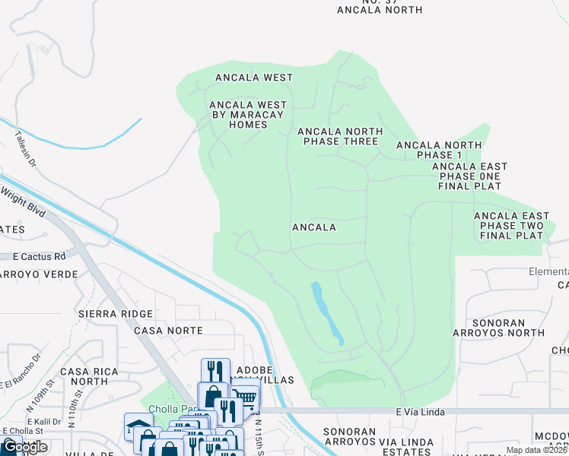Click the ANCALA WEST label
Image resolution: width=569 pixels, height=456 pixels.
[253, 78]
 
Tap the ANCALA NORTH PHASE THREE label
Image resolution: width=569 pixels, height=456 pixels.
[339, 137]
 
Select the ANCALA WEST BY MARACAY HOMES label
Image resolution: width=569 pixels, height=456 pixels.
[249, 115]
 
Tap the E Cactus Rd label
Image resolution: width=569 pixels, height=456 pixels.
[33, 257]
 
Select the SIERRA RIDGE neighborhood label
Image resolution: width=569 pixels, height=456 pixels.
[115, 314]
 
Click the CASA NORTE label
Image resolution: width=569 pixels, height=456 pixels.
[168, 331]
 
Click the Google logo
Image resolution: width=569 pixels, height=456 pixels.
[25, 447]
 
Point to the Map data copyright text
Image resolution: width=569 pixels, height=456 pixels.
[536, 450]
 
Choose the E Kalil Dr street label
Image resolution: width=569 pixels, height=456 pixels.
[43, 420]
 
